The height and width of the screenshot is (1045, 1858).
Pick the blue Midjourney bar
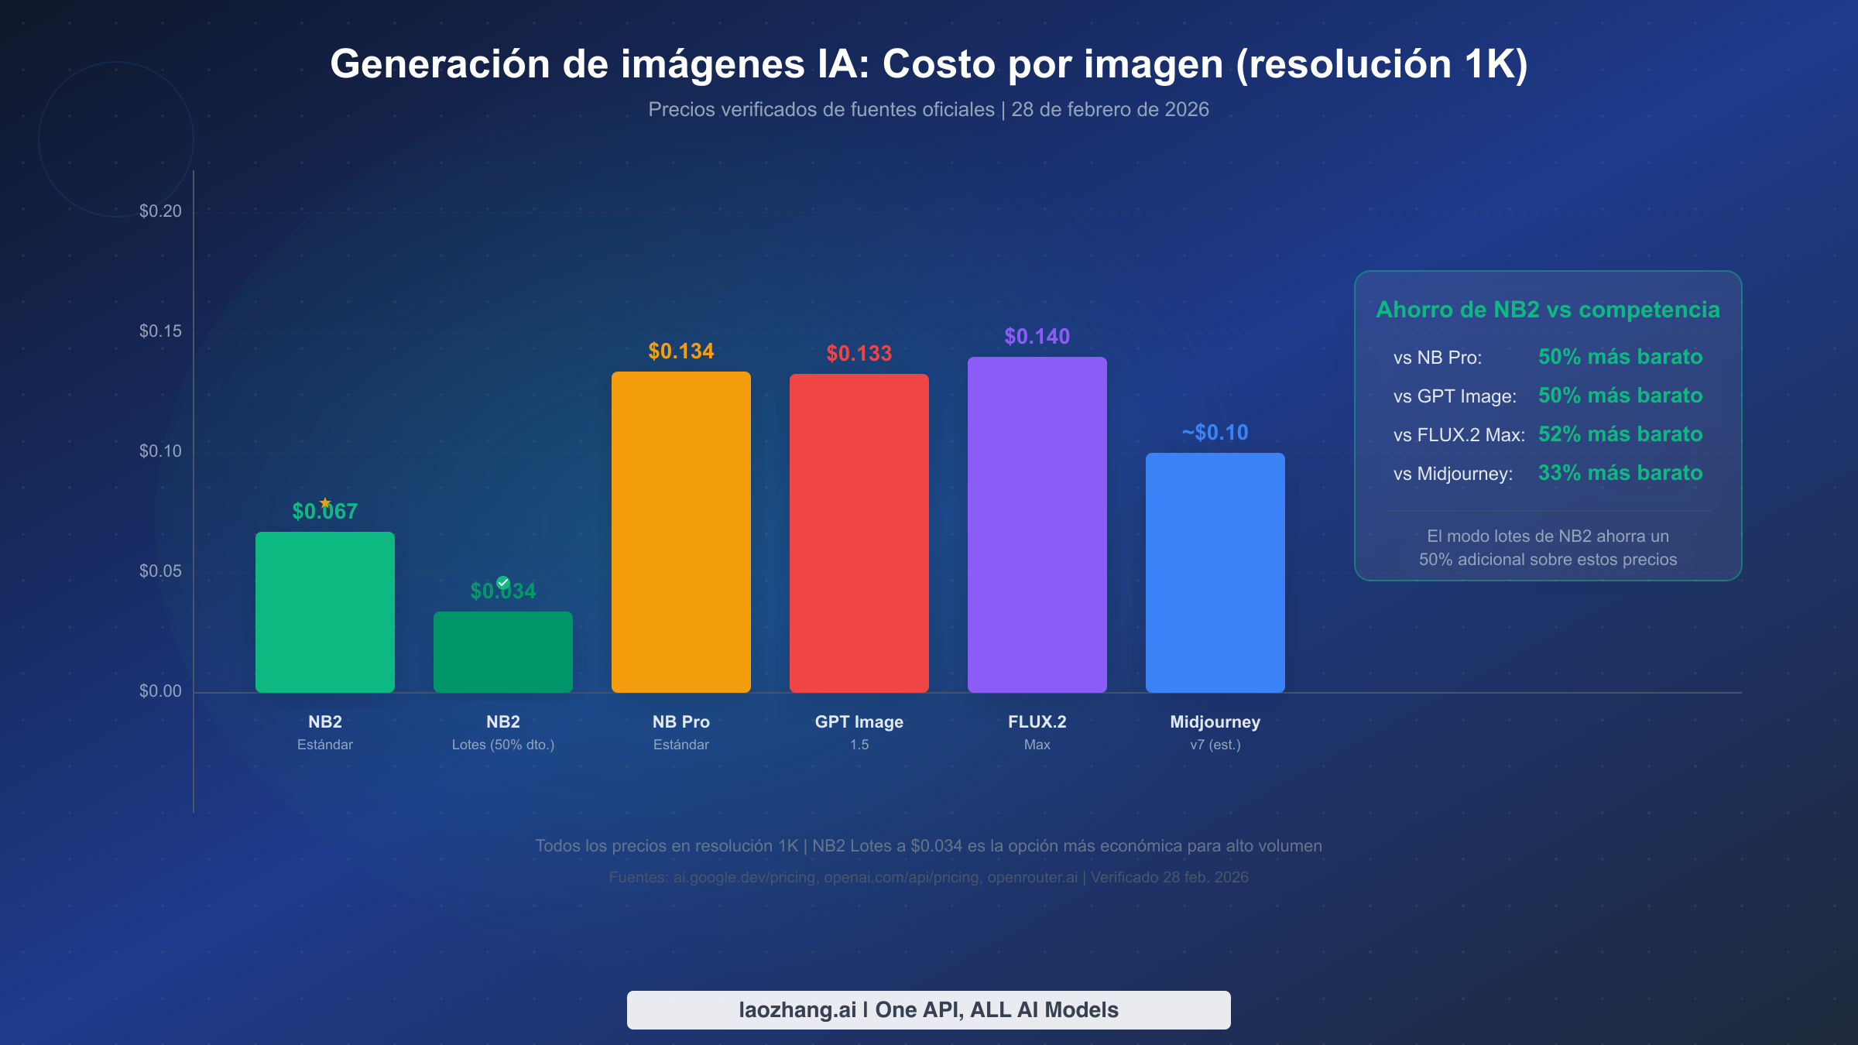coord(1215,572)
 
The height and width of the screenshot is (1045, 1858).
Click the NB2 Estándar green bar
coord(324,612)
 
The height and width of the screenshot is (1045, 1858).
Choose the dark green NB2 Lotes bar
coord(502,652)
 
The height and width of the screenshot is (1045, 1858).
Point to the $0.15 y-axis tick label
coord(160,331)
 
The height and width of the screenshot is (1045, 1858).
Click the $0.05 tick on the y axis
coord(160,571)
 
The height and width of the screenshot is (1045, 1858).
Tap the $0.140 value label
coord(1037,337)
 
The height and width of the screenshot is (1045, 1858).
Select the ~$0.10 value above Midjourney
coord(1215,433)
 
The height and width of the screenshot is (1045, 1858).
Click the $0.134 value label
coord(680,351)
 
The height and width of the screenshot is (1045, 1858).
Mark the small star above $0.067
coord(325,502)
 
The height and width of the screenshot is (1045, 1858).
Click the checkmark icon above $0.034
coord(503,582)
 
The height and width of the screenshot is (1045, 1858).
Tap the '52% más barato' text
coord(1620,434)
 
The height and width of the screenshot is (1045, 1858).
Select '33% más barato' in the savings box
coord(1620,473)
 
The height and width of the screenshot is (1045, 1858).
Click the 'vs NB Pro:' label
coord(1437,358)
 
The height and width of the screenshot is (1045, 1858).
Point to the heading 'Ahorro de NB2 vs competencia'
coord(1548,310)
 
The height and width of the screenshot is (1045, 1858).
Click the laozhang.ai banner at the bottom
coord(928,1009)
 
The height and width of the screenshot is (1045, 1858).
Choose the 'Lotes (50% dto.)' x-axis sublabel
coord(502,745)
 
